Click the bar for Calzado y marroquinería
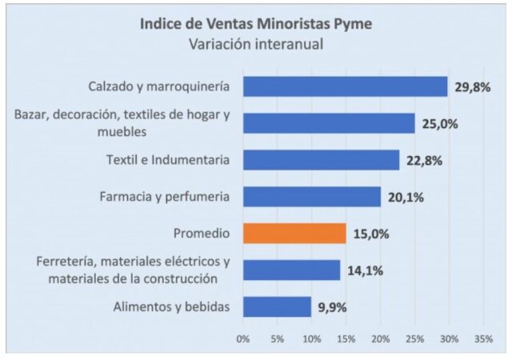point(345,86)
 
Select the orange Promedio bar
point(294,233)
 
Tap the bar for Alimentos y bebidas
point(277,306)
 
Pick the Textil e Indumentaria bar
point(321,160)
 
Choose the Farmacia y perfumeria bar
point(312,197)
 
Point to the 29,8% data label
point(472,86)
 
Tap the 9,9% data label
point(332,307)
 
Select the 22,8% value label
point(424,160)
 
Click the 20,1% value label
point(406,197)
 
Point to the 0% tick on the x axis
point(243,338)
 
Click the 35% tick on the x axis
point(482,338)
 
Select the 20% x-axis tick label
point(380,338)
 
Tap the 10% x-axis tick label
point(312,338)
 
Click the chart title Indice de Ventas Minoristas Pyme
point(256,22)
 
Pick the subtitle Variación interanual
point(256,43)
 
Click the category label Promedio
point(202,233)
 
